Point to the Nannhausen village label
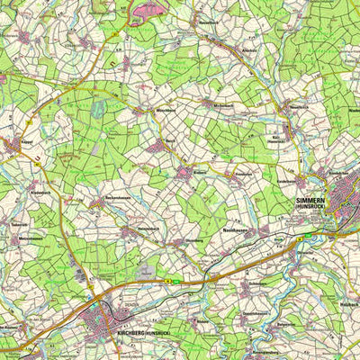click(x=236, y=231)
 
